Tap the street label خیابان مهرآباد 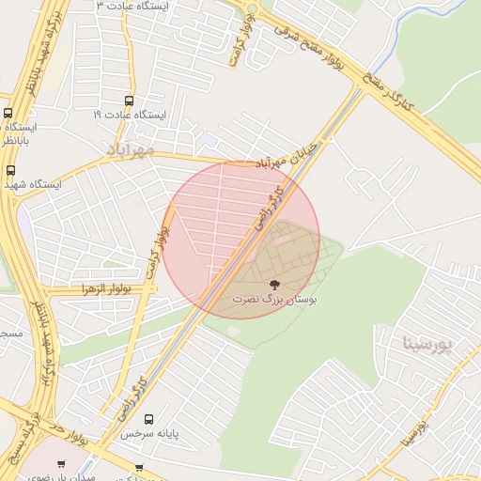coord(294,151)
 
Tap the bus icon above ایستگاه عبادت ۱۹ coord(129,101)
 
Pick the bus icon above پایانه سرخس coord(148,420)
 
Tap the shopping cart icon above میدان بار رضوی coord(61,463)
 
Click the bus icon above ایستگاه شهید coord(10,171)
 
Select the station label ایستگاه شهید coord(32,185)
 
